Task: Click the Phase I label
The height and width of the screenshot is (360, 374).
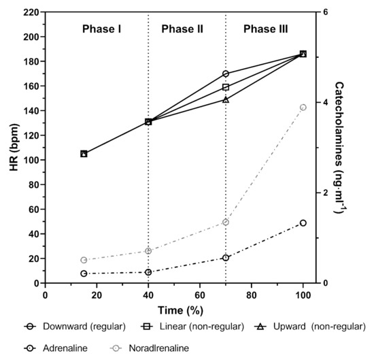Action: [x=102, y=29]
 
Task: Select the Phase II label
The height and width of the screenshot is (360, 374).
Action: [x=182, y=29]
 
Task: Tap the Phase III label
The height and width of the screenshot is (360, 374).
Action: [x=265, y=29]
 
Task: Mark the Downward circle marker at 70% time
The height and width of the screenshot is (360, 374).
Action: [x=226, y=73]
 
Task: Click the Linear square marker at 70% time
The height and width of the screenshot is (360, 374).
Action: [x=226, y=87]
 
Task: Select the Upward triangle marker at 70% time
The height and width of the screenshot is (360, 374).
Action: [x=226, y=99]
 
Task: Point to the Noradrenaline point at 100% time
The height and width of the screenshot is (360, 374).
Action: [x=303, y=108]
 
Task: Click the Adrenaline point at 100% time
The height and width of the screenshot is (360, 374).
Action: [x=303, y=223]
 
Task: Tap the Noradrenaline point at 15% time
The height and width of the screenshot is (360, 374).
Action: [x=84, y=260]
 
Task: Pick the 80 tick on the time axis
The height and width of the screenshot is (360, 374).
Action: [x=252, y=295]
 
